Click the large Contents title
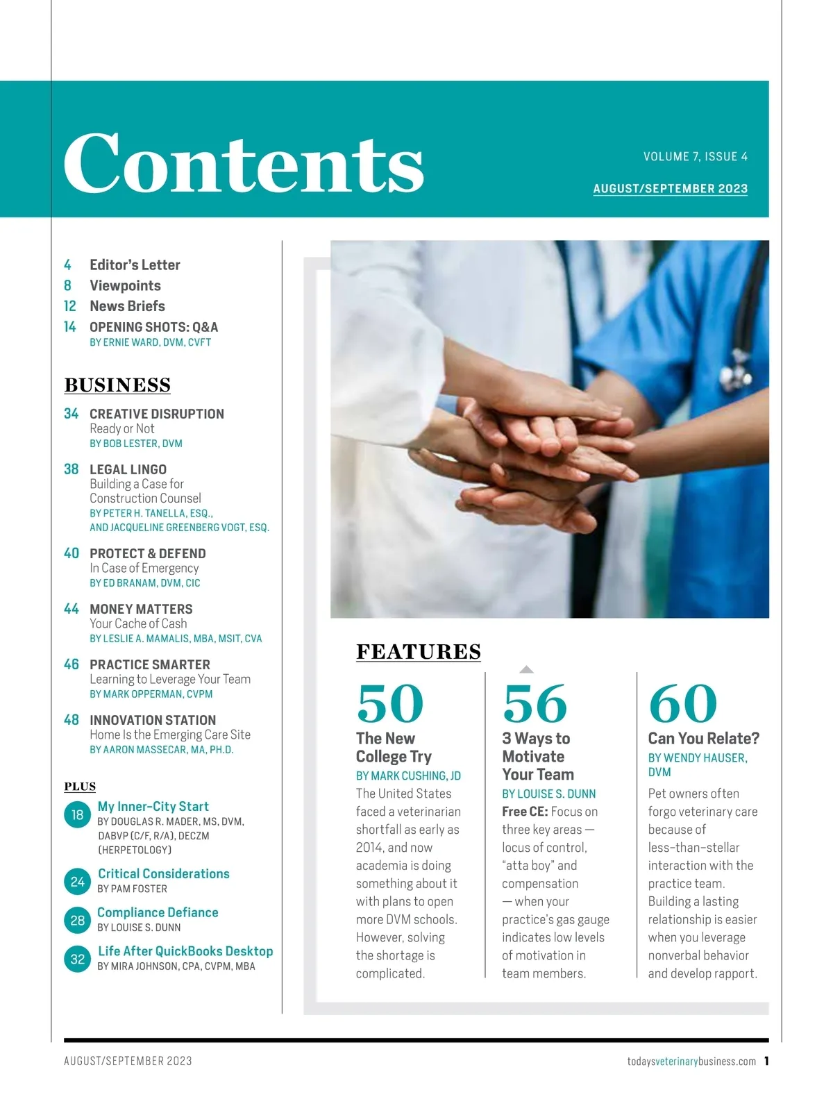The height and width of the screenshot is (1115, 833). (x=244, y=163)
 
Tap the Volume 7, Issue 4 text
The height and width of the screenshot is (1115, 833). (x=695, y=157)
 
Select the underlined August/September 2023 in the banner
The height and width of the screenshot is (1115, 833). (x=670, y=189)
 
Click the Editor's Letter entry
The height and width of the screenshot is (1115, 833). (x=135, y=265)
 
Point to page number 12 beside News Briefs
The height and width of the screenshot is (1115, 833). (x=70, y=306)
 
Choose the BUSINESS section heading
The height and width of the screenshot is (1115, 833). (x=117, y=385)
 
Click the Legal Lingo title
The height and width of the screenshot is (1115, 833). (x=128, y=469)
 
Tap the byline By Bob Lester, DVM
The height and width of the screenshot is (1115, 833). (x=136, y=444)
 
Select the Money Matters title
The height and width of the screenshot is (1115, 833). (x=141, y=609)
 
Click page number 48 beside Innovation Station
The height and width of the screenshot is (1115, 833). (x=71, y=720)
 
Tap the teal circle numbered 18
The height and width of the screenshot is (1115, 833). (x=77, y=815)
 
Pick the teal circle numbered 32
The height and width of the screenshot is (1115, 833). (x=77, y=959)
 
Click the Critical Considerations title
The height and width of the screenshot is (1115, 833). (x=164, y=873)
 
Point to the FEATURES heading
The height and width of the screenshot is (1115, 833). (x=419, y=652)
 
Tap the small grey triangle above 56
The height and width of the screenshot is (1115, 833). (x=527, y=669)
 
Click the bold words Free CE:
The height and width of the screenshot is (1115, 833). (x=525, y=812)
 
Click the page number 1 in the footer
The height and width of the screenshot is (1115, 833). (x=766, y=1061)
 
